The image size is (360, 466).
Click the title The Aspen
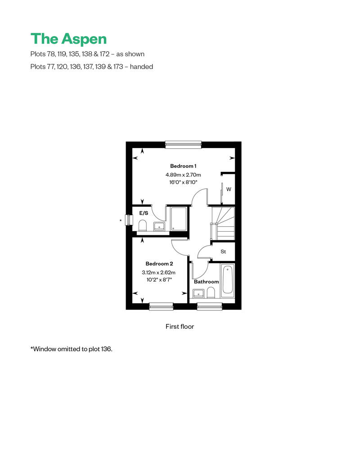pyautogui.click(x=68, y=39)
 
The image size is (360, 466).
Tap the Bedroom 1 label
pyautogui.click(x=183, y=166)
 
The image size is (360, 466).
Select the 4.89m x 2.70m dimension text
pyautogui.click(x=183, y=175)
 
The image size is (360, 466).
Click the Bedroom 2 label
pyautogui.click(x=159, y=264)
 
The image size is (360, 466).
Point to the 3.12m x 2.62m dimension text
pyautogui.click(x=158, y=272)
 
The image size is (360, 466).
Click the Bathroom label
pyautogui.click(x=206, y=282)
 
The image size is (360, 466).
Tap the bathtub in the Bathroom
pyautogui.click(x=228, y=281)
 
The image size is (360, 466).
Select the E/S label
pyautogui.click(x=144, y=213)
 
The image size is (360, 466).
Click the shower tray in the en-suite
pyautogui.click(x=179, y=219)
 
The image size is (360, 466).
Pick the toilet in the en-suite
pyautogui.click(x=143, y=225)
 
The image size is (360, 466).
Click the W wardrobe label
pyautogui.click(x=229, y=189)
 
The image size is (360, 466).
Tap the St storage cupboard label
pyautogui.click(x=223, y=252)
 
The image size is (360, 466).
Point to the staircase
pyautogui.click(x=223, y=223)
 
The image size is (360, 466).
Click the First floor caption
pyautogui.click(x=180, y=327)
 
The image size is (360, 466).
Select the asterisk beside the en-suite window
pyautogui.click(x=121, y=220)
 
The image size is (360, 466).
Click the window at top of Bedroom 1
pyautogui.click(x=183, y=144)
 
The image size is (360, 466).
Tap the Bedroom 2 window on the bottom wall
pyautogui.click(x=161, y=306)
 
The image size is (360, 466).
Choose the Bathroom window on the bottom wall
pyautogui.click(x=209, y=306)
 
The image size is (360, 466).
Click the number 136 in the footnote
pyautogui.click(x=106, y=349)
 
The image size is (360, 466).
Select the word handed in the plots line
pyautogui.click(x=141, y=67)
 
